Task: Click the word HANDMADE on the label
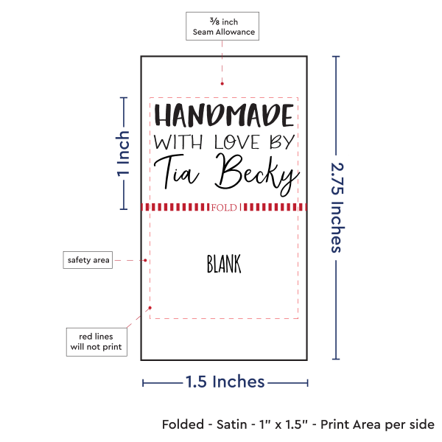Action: tap(223, 116)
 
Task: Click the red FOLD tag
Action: tap(224, 208)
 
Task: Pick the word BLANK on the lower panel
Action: tap(224, 264)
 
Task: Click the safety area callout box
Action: tap(88, 260)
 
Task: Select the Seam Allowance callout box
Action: tap(222, 26)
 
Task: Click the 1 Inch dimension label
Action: tap(124, 153)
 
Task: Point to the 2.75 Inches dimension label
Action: tap(337, 208)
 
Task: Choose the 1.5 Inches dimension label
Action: tap(225, 382)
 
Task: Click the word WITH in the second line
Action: tap(172, 141)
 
